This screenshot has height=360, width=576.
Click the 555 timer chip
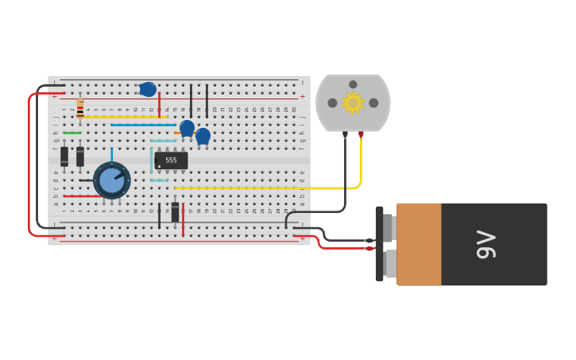pos(171,161)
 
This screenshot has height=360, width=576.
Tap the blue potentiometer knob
pos(111,180)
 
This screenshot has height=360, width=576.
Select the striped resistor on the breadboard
pos(80,109)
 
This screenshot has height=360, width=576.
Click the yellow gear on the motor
pos(353,103)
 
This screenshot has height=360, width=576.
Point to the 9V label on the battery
pos(486,244)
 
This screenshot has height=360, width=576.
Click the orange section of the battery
pos(419,244)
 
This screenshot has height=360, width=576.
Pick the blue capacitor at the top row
pos(148,89)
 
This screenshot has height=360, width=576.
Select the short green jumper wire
pos(72,133)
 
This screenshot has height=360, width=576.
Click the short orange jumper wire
pos(177,133)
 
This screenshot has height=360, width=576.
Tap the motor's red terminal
pos(361,134)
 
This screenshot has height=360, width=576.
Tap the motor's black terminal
pos(345,134)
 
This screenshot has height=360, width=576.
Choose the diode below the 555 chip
pos(175,212)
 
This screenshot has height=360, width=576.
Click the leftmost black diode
pos(64,157)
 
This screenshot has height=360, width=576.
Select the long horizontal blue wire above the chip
pos(143,125)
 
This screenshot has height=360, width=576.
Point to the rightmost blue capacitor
pos(203,136)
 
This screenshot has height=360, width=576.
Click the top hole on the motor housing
pos(353,84)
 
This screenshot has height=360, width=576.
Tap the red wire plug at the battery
pos(369,248)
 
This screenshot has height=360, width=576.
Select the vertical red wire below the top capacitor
pos(159,106)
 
